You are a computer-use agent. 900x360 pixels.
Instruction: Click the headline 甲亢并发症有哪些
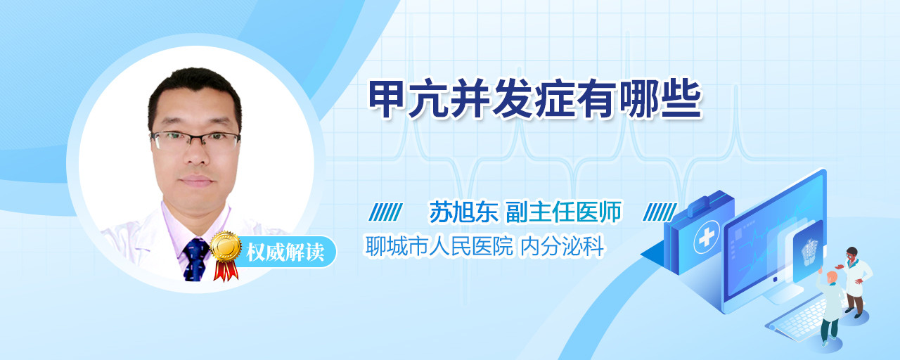(535, 98)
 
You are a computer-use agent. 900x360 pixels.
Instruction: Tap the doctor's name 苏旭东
(464, 212)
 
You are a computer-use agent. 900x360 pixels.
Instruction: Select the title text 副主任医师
(564, 212)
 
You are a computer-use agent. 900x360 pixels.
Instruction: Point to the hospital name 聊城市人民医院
(439, 246)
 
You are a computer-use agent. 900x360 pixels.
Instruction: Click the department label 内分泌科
(562, 246)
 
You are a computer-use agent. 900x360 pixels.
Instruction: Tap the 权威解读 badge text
(285, 252)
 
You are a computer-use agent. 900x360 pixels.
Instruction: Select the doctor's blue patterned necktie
(195, 259)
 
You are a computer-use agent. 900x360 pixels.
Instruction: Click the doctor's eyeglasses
(195, 140)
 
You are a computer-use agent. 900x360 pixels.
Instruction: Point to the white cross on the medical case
(707, 238)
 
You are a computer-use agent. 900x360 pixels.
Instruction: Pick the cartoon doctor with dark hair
(854, 281)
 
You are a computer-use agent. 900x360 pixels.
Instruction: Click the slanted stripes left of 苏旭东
(385, 212)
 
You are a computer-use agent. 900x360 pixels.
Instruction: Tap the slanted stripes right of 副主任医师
(660, 212)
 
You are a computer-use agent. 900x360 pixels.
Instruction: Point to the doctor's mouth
(196, 181)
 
